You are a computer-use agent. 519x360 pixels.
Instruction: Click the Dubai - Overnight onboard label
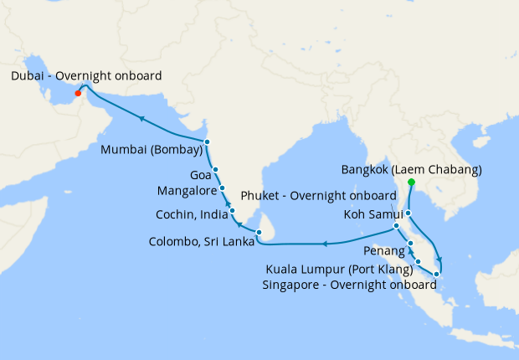(x=86, y=76)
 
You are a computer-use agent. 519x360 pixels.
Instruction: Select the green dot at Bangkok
(x=411, y=182)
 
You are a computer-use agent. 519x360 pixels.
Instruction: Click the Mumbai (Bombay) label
(x=151, y=151)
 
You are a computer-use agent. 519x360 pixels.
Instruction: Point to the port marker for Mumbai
(x=207, y=141)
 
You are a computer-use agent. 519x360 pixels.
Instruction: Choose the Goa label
(x=200, y=175)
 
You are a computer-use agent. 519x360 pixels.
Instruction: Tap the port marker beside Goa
(x=216, y=170)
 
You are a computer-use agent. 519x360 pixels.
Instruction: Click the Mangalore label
(x=188, y=190)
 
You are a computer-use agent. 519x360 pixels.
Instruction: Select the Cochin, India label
(x=188, y=214)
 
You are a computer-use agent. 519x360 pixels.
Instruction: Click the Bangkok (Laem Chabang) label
(x=412, y=170)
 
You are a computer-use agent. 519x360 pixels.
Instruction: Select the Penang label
(x=384, y=250)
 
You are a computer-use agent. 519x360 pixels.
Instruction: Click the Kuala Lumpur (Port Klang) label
(x=339, y=270)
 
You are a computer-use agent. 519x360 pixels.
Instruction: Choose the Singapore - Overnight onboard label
(x=351, y=285)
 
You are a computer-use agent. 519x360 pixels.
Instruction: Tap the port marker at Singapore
(x=437, y=274)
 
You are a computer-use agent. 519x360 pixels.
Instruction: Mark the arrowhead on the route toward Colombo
(x=323, y=244)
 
